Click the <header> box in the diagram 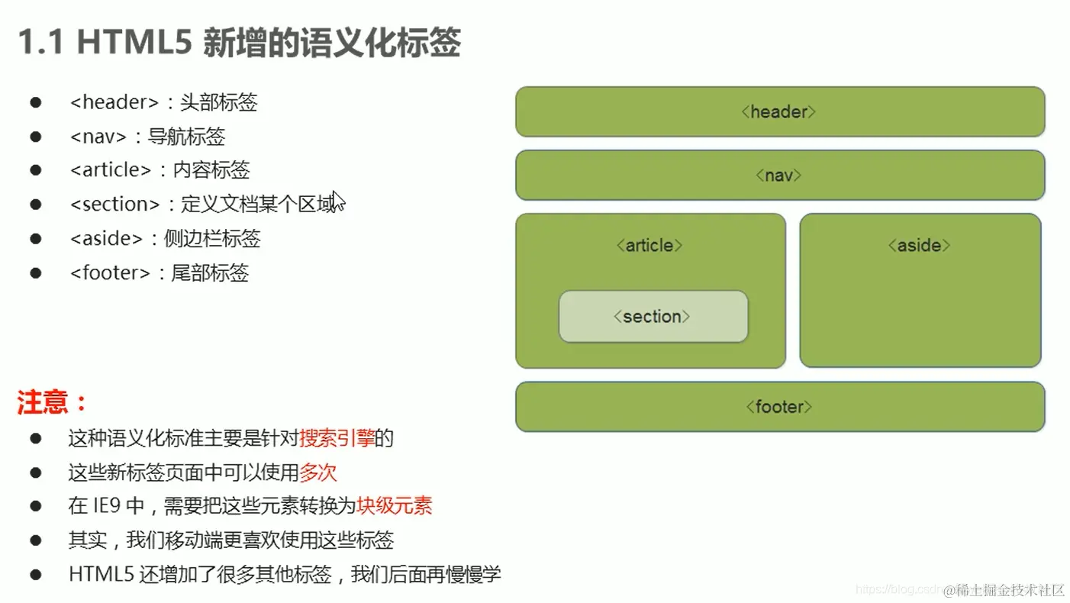click(779, 111)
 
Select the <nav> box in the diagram click(779, 175)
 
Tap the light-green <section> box click(653, 316)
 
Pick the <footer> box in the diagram click(779, 406)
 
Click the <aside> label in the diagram click(919, 245)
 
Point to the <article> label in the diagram click(649, 245)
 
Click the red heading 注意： click(52, 402)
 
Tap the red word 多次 click(317, 472)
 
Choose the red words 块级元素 click(394, 505)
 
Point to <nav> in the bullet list click(98, 137)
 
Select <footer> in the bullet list click(110, 272)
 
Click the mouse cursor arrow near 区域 click(337, 201)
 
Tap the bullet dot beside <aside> click(35, 239)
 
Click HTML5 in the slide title click(134, 44)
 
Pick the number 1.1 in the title click(41, 44)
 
